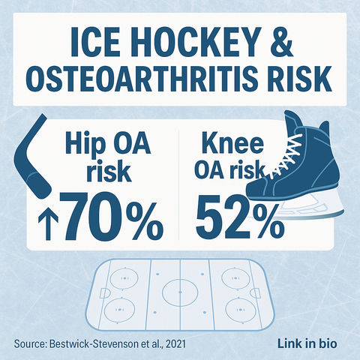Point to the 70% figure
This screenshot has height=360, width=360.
tap(112, 216)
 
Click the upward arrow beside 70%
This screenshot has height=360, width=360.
tap(49, 224)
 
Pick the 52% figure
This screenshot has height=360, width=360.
tap(240, 216)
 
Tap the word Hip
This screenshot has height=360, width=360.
tap(85, 143)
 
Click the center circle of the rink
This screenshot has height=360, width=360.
tap(180, 292)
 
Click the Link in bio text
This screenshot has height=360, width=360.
tap(307, 343)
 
